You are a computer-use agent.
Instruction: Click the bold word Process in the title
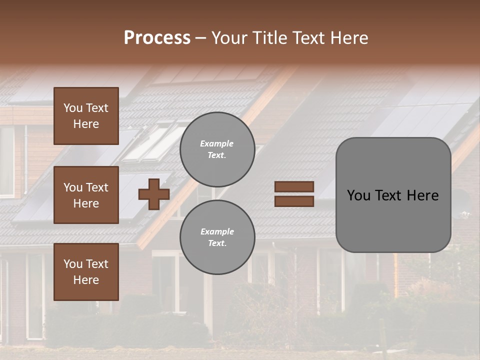157,38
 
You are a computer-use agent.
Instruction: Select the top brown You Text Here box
86,116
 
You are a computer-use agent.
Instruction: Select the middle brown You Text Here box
86,195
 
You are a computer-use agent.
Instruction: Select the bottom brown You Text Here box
86,272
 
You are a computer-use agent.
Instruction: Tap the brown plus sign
154,194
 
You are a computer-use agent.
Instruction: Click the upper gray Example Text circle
217,149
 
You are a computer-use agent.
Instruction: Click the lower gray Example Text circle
217,237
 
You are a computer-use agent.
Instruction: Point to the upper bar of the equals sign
294,187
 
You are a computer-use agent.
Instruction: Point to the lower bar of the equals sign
294,201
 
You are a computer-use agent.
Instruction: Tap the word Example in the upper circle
217,143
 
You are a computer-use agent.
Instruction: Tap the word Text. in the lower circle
217,243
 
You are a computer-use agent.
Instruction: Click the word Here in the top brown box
86,124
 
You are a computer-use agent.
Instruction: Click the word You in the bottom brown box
73,264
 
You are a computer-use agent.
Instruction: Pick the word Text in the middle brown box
96,187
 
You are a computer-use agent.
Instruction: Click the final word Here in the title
349,38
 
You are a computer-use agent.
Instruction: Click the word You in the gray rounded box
358,195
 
